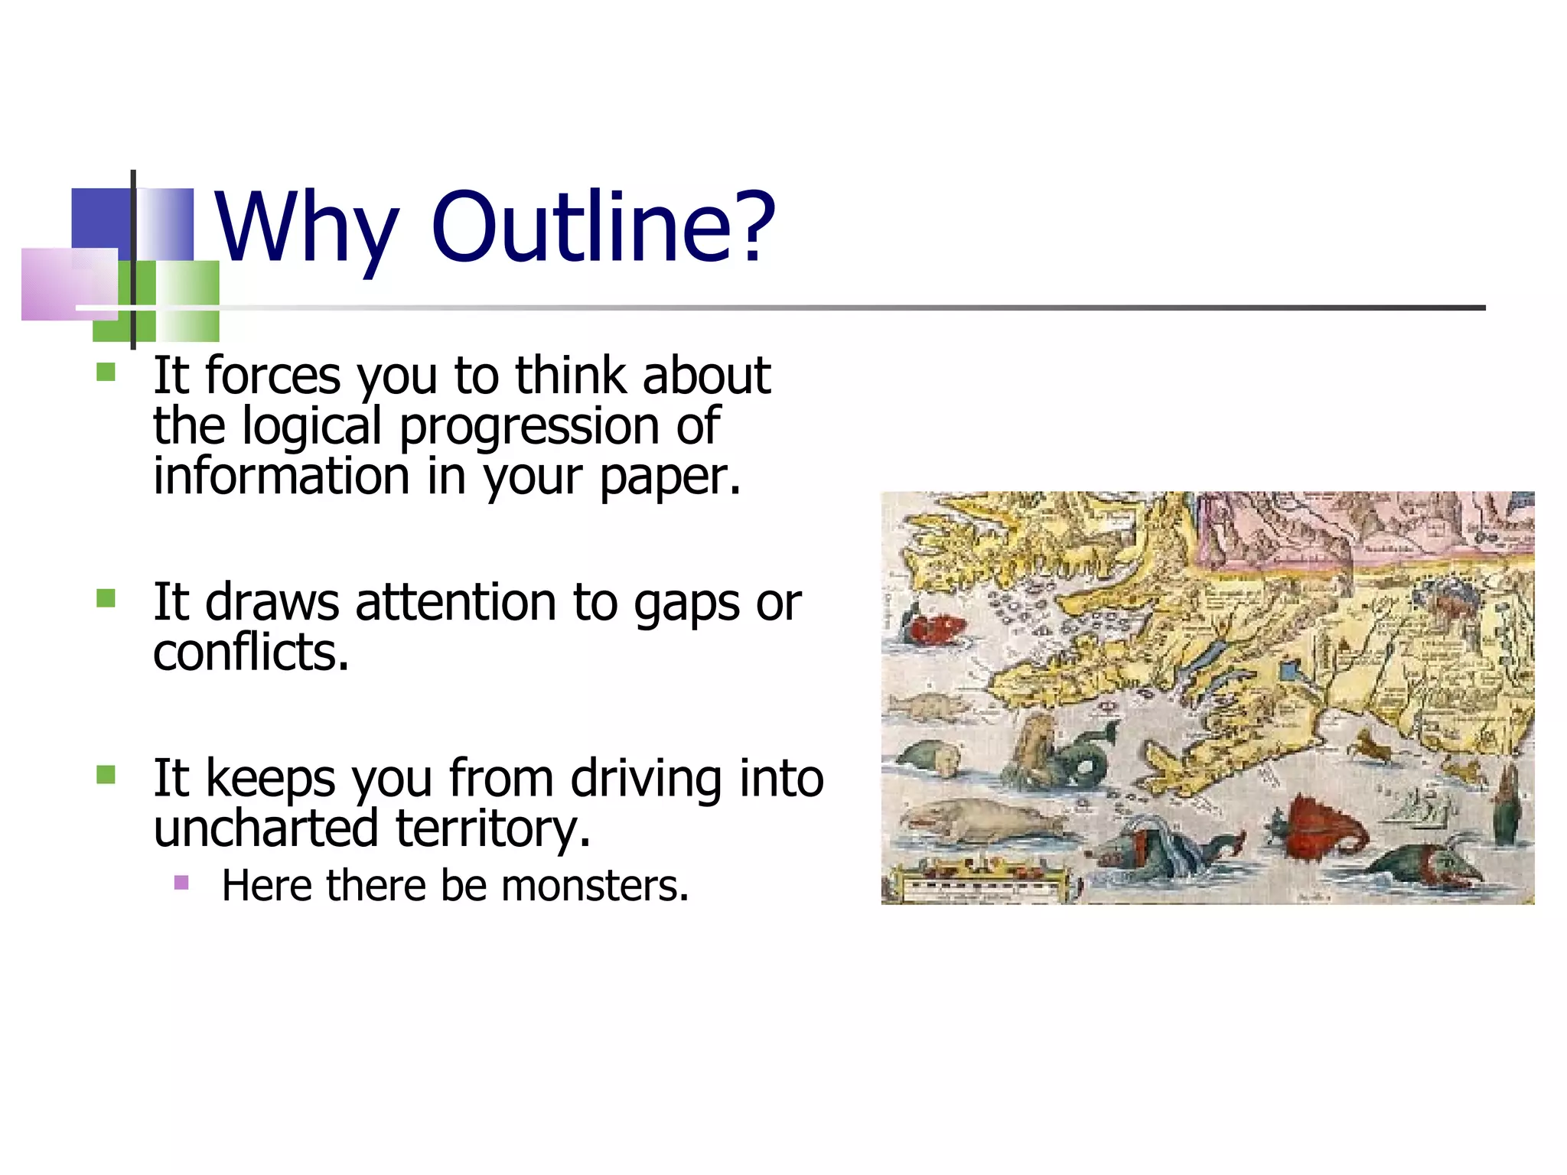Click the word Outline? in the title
point(603,226)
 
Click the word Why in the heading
point(306,226)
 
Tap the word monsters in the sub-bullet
point(595,886)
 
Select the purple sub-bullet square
point(181,884)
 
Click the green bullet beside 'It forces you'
point(106,373)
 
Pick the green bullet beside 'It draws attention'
point(106,598)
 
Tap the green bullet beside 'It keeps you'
point(106,775)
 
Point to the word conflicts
point(251,652)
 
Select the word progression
point(529,427)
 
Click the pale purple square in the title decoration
point(69,283)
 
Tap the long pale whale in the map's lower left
point(979,822)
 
